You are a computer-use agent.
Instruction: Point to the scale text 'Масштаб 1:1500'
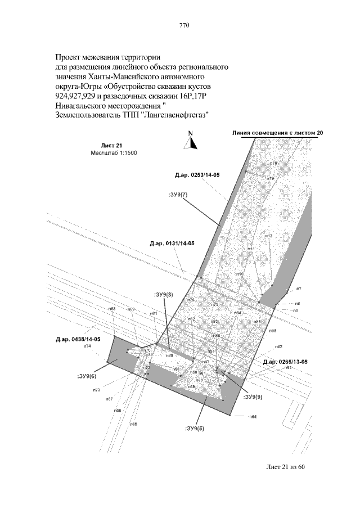tap(113, 152)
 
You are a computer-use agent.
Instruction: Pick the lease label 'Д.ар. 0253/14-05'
tap(197, 176)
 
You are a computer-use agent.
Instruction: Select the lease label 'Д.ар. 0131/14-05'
tap(172, 244)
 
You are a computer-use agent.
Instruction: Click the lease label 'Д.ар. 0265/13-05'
tap(285, 361)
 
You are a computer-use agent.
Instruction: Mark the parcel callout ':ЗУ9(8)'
tap(163, 294)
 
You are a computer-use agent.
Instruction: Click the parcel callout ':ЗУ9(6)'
tap(87, 376)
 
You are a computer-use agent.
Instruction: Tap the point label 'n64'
tap(253, 417)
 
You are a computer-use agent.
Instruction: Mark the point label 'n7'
tap(298, 289)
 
